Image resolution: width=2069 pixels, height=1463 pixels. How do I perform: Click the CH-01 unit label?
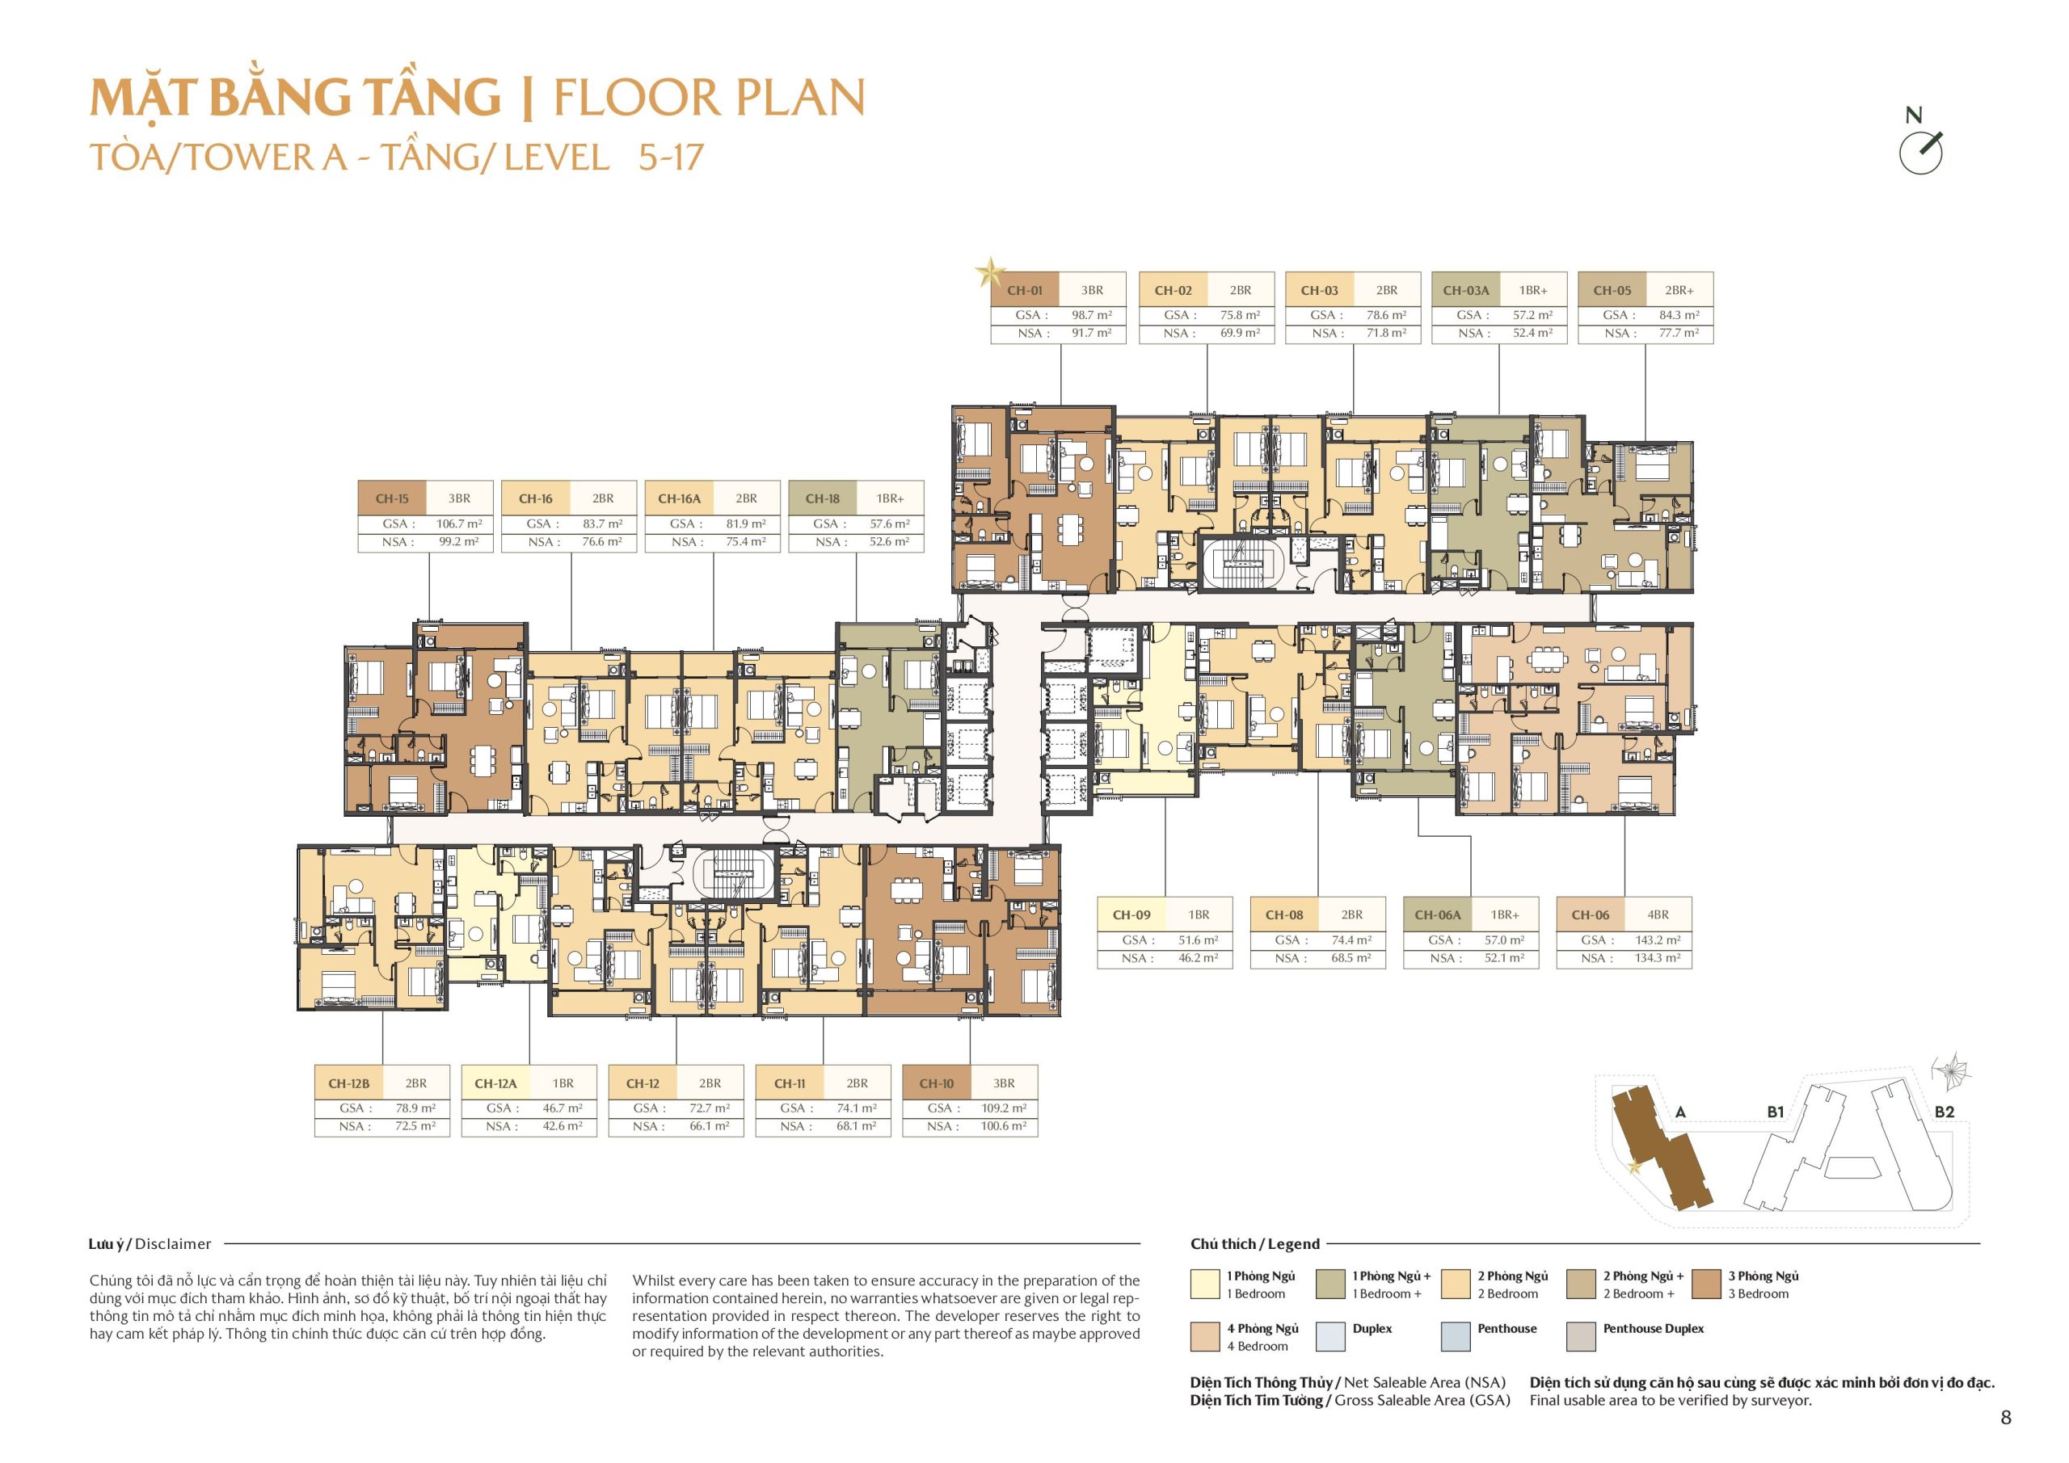tap(1025, 290)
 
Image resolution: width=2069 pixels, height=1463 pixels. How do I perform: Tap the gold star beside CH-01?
tap(989, 271)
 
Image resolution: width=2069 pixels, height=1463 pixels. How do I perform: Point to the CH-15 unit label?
tap(392, 498)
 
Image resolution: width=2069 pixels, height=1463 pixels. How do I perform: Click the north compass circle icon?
tap(1920, 153)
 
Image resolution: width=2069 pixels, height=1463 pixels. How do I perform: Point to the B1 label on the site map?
tap(1776, 1112)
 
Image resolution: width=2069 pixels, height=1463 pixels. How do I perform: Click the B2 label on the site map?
tap(1945, 1112)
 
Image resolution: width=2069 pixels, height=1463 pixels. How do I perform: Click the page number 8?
tap(2006, 1418)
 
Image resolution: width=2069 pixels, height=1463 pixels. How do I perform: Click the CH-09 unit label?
tap(1131, 914)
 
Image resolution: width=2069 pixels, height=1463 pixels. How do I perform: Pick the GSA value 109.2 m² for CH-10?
tap(1004, 1108)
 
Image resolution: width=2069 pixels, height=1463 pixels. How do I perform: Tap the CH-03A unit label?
tap(1466, 290)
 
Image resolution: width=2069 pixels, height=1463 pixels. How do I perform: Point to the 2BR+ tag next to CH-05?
tap(1679, 290)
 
